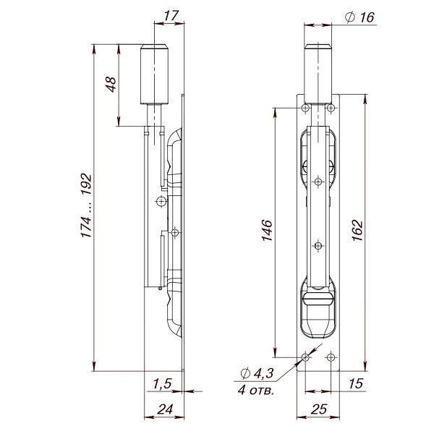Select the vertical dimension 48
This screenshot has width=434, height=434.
110,85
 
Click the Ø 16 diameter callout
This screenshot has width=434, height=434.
360,17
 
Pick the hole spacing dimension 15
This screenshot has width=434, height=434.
354,383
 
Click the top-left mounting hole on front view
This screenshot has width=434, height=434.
306,108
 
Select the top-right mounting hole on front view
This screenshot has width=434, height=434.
331,108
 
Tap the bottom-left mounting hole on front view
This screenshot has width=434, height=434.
306,357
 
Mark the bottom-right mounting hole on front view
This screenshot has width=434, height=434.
331,357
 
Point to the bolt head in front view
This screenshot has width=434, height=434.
318,72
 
